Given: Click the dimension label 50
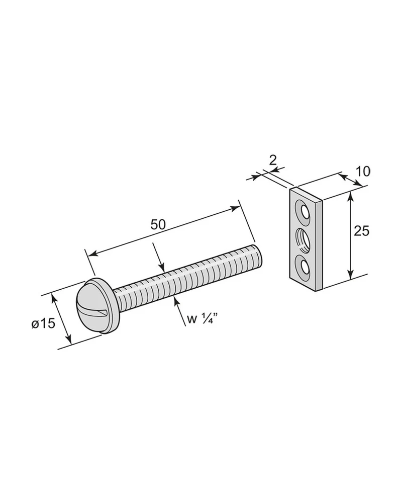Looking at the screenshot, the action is coord(158,224).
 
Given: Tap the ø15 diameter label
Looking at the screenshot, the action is coord(43,323).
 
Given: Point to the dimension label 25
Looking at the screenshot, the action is coord(361,231).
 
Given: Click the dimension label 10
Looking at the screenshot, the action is coord(363,172).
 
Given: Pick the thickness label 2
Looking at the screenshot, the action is coord(272,160).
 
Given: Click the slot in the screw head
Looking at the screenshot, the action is coord(93,310).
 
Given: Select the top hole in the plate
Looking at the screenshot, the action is coord(304,212).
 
